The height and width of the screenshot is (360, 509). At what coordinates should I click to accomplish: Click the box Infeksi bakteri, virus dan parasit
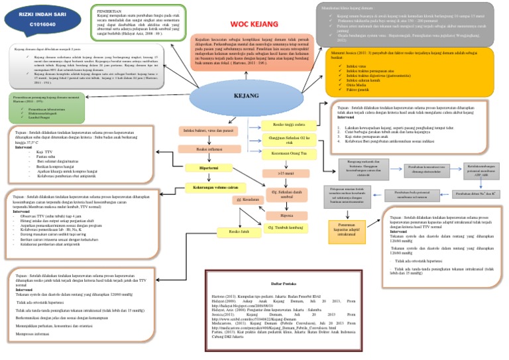pyautogui.click(x=209, y=130)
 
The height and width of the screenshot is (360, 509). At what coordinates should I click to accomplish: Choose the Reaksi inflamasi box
pyautogui.click(x=209, y=149)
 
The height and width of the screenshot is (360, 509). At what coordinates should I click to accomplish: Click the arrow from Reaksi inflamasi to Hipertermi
pyautogui.click(x=209, y=158)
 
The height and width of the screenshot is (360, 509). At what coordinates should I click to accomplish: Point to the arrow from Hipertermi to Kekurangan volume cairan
pyautogui.click(x=209, y=178)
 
